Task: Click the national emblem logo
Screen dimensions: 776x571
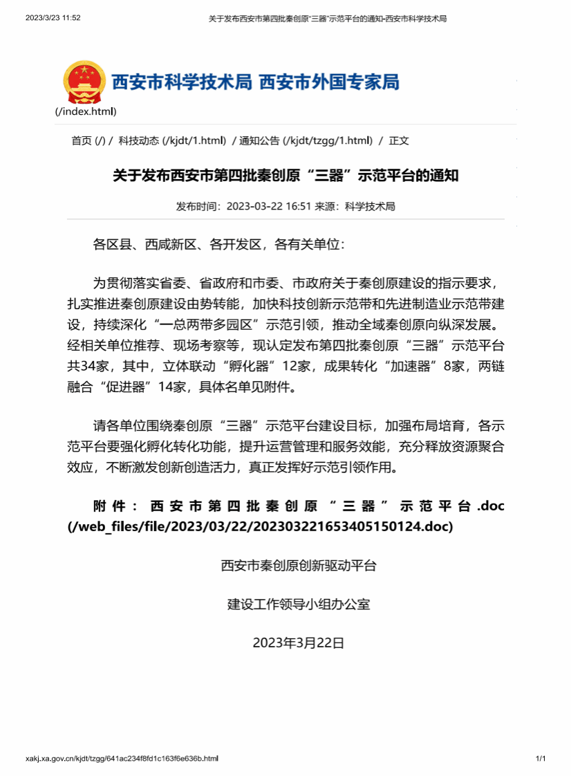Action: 84,82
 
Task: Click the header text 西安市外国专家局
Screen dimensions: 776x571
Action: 329,82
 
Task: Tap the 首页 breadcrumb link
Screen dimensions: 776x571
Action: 81,141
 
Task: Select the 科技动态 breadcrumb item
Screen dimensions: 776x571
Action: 138,141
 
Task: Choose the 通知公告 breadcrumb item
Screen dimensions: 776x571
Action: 259,141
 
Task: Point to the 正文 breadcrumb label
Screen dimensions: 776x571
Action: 399,141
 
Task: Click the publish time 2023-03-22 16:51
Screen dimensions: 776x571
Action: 270,206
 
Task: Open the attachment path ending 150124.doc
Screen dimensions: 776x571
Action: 260,526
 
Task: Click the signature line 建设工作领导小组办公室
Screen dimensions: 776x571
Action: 299,604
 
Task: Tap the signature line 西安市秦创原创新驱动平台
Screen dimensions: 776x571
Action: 299,566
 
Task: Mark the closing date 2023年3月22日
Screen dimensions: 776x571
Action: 299,643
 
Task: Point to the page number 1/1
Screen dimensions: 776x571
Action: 541,759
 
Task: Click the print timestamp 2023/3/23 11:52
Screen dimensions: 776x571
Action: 53,18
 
